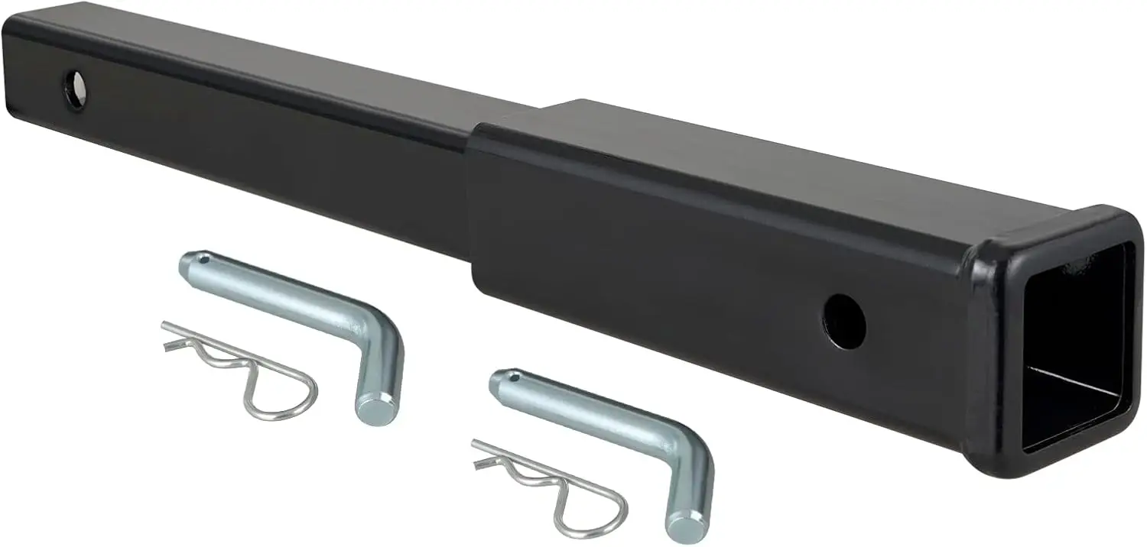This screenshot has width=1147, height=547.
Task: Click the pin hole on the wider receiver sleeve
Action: (x=845, y=322)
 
